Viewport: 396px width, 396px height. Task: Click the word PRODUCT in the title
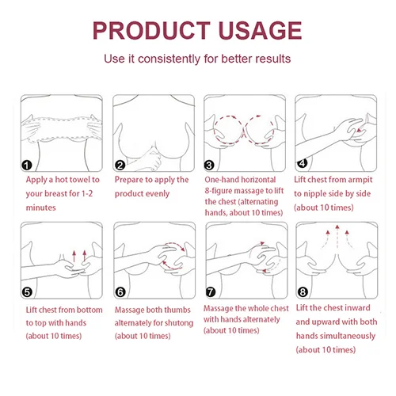151,30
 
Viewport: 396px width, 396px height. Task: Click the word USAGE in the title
261,30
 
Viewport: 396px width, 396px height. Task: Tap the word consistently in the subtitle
169,59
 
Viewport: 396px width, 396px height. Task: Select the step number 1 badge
26,166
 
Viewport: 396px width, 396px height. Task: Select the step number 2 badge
120,166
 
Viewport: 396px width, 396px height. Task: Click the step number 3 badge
209,166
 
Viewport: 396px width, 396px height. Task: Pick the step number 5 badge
27,292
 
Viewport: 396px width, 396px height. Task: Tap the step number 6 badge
120,292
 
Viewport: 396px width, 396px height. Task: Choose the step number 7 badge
211,292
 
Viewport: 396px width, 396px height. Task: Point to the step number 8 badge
303,292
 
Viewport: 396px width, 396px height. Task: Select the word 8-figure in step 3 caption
219,191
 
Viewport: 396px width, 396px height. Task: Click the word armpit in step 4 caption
360,180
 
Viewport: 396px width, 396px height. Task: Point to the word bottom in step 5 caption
89,310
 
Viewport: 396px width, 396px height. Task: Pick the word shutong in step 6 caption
179,323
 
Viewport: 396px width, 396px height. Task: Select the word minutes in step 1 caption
41,208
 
